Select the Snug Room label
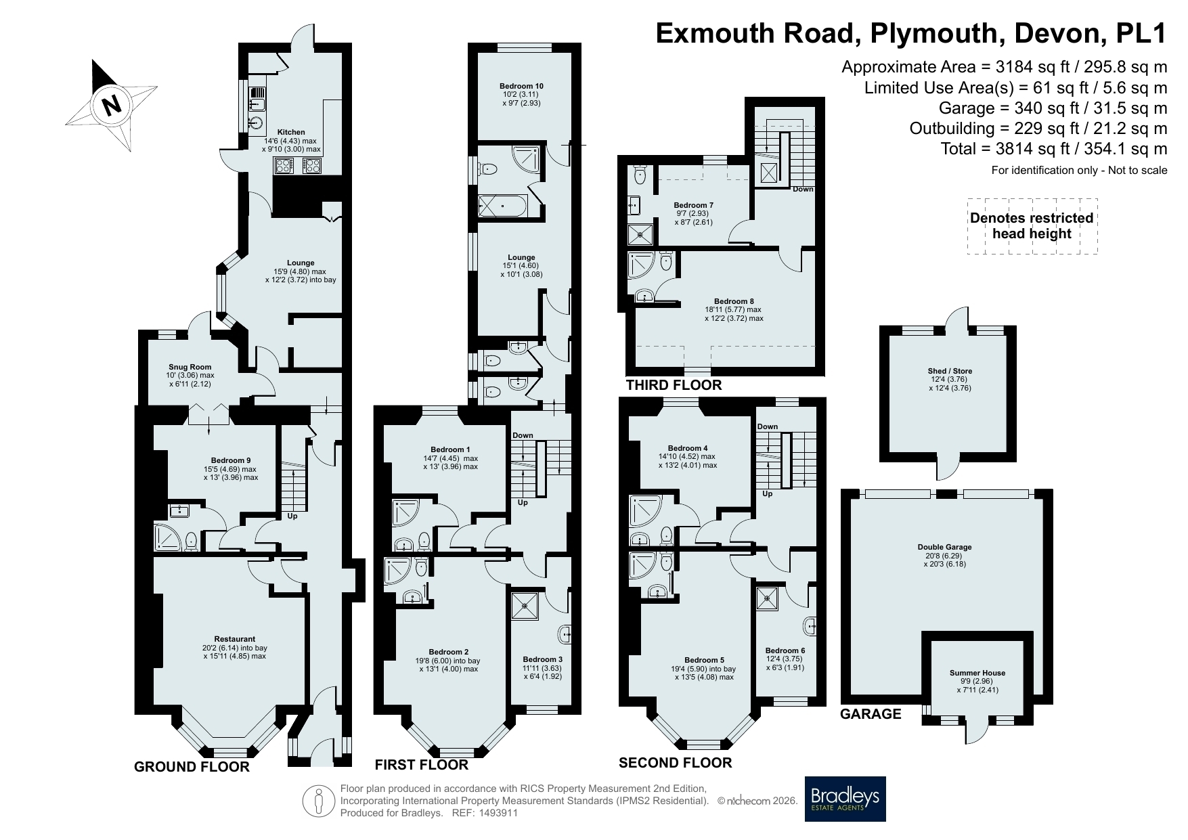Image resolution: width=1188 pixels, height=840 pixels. (x=190, y=368)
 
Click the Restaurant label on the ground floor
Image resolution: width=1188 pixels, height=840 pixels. (x=235, y=639)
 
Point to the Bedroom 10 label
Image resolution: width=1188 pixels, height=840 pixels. (x=521, y=87)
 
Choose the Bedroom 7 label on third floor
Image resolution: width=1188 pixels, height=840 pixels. (x=694, y=205)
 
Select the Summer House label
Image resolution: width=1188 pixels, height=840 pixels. (x=977, y=673)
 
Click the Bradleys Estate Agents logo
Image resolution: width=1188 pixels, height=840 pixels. (x=845, y=799)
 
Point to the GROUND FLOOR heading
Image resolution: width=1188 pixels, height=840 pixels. (x=192, y=767)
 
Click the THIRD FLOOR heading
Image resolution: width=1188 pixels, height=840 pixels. (x=674, y=385)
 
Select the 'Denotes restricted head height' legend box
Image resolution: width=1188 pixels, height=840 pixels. (x=1032, y=226)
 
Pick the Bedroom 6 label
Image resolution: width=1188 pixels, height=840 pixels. (x=785, y=650)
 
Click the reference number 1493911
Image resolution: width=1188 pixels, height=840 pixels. (x=498, y=813)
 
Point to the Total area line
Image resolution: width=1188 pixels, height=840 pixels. (x=1054, y=149)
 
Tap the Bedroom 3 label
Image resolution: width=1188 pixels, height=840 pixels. (x=542, y=659)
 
